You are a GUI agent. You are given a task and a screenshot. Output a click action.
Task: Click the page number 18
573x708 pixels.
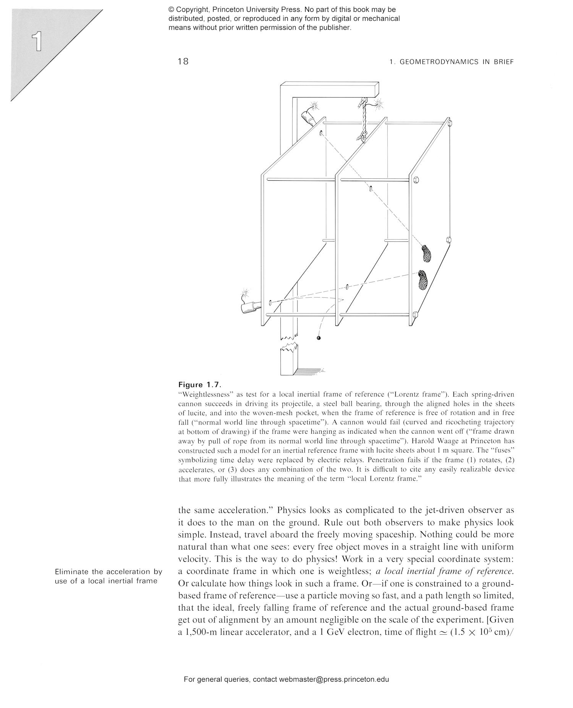click(x=183, y=61)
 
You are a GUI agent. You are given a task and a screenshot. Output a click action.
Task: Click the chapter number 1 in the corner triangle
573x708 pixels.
click(x=37, y=42)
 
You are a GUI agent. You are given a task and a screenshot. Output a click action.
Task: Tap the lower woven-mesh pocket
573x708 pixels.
click(x=423, y=280)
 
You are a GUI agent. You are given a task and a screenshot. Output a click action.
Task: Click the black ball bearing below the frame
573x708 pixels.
click(x=319, y=338)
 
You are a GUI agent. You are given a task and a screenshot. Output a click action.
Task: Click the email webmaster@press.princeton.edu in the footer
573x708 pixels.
click(x=333, y=679)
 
